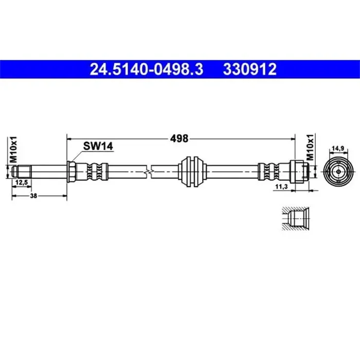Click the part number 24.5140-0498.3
coord(147,69)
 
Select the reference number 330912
coord(250,69)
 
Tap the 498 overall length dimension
coord(179,139)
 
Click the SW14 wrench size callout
coord(98,146)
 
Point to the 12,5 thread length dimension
coord(22,182)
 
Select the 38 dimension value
coord(33,196)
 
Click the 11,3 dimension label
coord(281,187)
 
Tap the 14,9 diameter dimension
coord(338,149)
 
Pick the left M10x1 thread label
coord(14,150)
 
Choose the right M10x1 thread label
coord(310,148)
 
